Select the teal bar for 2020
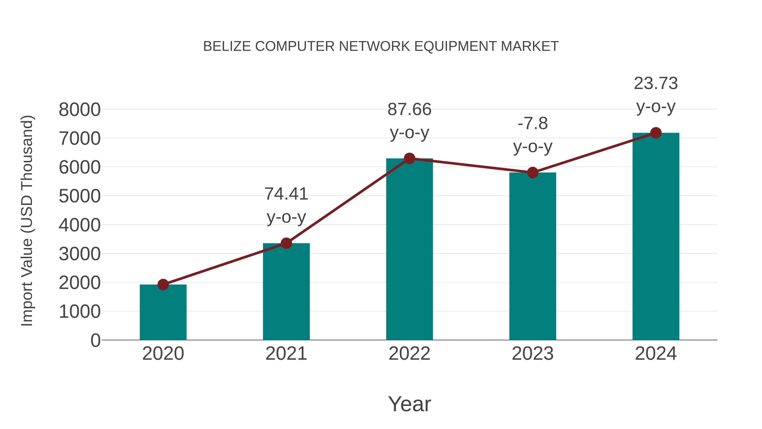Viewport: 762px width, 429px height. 163,312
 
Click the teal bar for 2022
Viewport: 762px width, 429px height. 409,249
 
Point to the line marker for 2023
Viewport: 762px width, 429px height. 533,172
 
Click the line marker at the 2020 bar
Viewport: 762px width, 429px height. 163,285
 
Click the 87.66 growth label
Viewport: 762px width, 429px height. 409,121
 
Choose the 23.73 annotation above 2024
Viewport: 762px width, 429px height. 656,94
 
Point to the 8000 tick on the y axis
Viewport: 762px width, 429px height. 80,110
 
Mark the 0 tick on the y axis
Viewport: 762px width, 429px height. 95,340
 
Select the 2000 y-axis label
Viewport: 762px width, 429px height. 80,283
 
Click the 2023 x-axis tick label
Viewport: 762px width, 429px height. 533,354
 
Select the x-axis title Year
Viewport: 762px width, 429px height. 409,404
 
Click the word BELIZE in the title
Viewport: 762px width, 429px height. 227,46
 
